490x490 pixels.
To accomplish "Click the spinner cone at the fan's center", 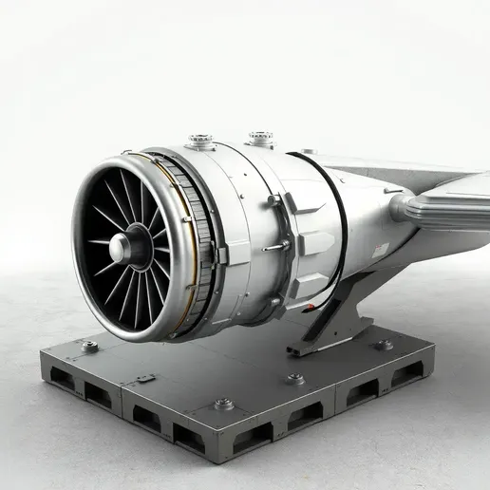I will click(x=121, y=249).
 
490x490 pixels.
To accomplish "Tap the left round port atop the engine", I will click(x=200, y=141).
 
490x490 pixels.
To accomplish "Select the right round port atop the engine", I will click(x=260, y=139).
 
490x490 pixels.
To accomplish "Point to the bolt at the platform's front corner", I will click(x=224, y=404).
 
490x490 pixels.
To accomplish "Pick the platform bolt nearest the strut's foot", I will click(x=295, y=378).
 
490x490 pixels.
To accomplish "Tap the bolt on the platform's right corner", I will click(x=384, y=345).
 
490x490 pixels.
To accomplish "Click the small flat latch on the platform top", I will click(x=145, y=378).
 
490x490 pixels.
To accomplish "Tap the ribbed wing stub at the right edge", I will click(x=446, y=204).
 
